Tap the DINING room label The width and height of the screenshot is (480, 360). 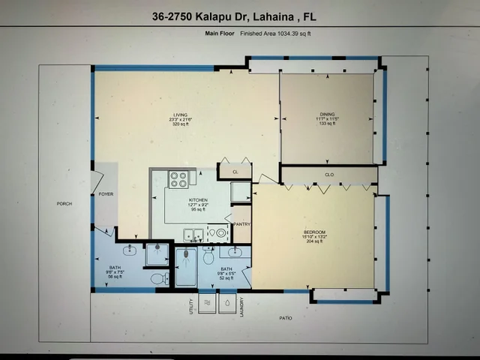[327, 114]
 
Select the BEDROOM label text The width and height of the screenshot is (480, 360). [313, 232]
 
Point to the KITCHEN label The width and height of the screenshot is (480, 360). [198, 200]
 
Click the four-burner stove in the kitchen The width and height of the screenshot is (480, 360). [178, 179]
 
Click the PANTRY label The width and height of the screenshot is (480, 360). [241, 224]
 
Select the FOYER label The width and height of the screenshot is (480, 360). [106, 194]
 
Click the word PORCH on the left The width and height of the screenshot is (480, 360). [64, 204]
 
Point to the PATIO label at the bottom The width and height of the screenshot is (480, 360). [285, 318]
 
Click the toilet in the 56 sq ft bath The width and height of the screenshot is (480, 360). [158, 278]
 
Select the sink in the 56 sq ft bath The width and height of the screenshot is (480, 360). [129, 249]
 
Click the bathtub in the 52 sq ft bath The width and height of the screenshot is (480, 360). [185, 267]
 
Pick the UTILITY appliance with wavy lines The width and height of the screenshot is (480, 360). [205, 302]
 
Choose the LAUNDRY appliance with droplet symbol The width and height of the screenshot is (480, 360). [227, 302]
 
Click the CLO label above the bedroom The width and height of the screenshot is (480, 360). [328, 175]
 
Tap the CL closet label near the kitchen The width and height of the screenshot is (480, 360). [235, 172]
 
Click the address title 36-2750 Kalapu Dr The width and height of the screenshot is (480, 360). [239, 16]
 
